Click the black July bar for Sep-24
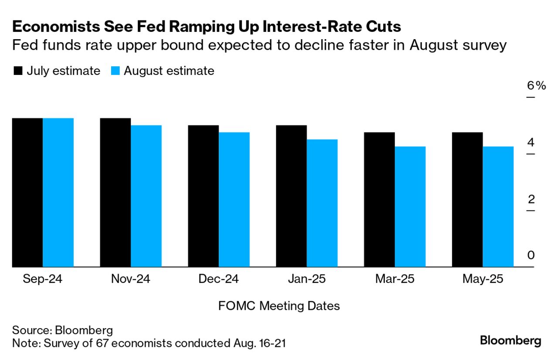[x=27, y=192]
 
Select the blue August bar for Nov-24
[x=146, y=196]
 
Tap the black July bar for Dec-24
[x=203, y=196]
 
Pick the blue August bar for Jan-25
[x=322, y=203]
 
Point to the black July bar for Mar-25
[x=379, y=200]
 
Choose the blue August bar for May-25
[x=498, y=207]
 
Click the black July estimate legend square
[x=18, y=71]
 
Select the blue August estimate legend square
[x=115, y=71]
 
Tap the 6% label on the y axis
[x=536, y=86]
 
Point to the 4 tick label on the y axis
[x=531, y=143]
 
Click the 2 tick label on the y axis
[x=531, y=199]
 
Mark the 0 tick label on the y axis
[x=531, y=255]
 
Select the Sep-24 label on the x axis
[x=42, y=279]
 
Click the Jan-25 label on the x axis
[x=306, y=279]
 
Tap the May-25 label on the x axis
[x=482, y=279]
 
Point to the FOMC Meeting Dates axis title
[x=279, y=306]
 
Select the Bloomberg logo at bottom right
[x=510, y=340]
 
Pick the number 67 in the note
[x=106, y=343]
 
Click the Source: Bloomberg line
[x=62, y=329]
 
